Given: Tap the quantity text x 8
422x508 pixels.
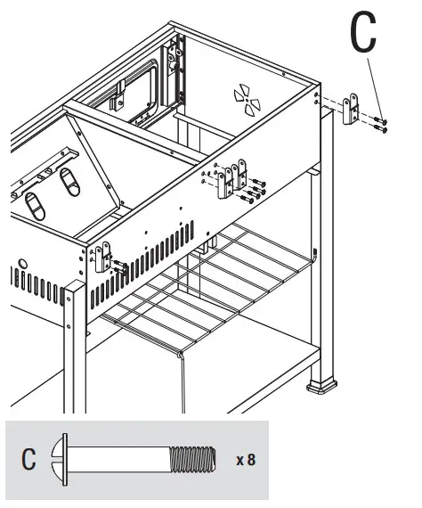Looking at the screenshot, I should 246,461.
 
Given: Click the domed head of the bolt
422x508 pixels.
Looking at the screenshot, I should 60,461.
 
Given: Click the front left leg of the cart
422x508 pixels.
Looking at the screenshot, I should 76,348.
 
